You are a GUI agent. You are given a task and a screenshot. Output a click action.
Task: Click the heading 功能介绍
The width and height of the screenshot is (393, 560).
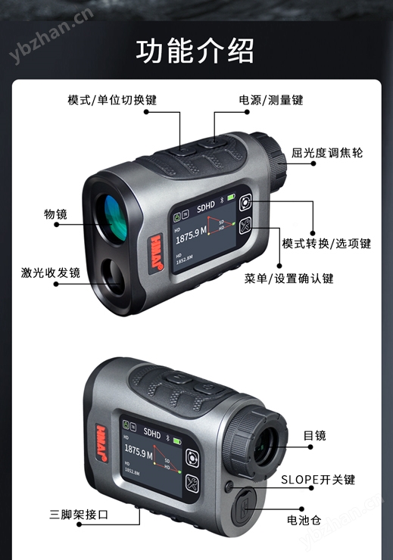click(195, 52)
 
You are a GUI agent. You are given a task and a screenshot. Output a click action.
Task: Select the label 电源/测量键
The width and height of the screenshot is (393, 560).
click(271, 100)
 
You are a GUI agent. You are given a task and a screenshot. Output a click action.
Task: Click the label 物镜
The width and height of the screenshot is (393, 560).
click(55, 214)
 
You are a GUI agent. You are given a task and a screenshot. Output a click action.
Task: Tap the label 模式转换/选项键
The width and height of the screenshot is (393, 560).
click(326, 244)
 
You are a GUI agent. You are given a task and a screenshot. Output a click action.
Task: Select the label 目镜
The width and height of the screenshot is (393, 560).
click(314, 435)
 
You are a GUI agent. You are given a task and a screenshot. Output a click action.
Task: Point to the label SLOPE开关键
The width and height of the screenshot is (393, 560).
click(318, 480)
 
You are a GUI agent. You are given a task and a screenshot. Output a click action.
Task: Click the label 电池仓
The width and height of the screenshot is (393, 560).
click(304, 520)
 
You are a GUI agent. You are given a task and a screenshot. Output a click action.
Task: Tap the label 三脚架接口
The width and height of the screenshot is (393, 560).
click(80, 515)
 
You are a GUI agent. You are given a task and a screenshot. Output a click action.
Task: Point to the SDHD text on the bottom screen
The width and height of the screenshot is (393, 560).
click(151, 435)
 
